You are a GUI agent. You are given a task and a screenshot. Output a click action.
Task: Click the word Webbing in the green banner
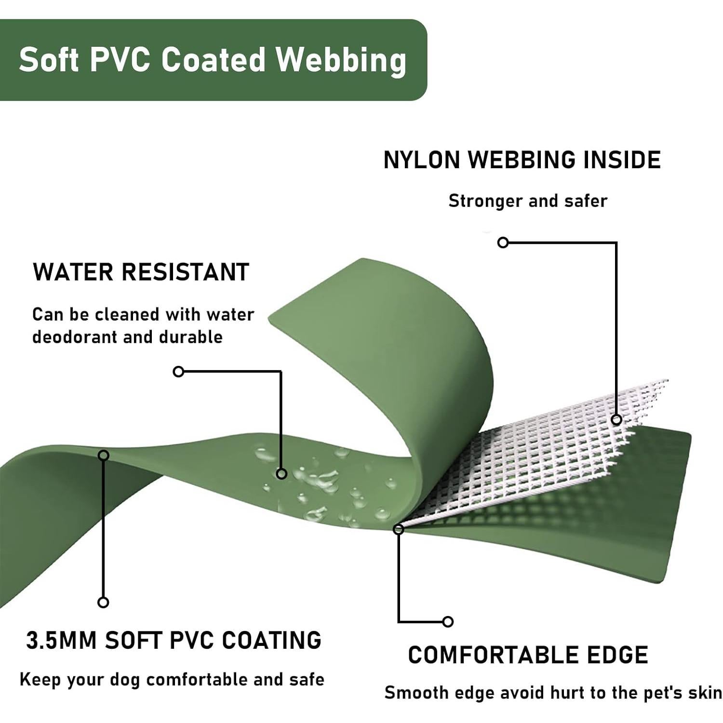tap(341, 61)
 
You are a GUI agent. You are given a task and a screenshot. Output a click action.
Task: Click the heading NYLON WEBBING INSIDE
tap(522, 160)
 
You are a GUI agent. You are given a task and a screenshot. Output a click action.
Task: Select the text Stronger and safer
tap(528, 201)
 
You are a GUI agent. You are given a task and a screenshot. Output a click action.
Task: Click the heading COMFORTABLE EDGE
tap(528, 655)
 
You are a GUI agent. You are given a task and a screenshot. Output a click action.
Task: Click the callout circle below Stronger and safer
tap(503, 242)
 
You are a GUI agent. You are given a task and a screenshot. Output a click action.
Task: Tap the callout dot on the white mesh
tap(616, 419)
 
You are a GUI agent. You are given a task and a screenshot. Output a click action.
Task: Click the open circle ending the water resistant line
tap(179, 372)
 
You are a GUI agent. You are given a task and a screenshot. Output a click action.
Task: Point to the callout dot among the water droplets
tap(281, 474)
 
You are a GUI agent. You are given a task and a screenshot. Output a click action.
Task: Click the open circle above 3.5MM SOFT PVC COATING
tap(103, 602)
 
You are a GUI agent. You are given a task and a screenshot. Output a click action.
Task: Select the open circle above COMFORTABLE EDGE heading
tap(448, 622)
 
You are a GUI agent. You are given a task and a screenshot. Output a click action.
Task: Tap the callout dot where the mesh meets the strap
tap(398, 529)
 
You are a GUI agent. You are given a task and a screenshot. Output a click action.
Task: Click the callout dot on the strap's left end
tap(103, 455)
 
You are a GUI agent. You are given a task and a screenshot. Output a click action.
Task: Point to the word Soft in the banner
tap(49, 60)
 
